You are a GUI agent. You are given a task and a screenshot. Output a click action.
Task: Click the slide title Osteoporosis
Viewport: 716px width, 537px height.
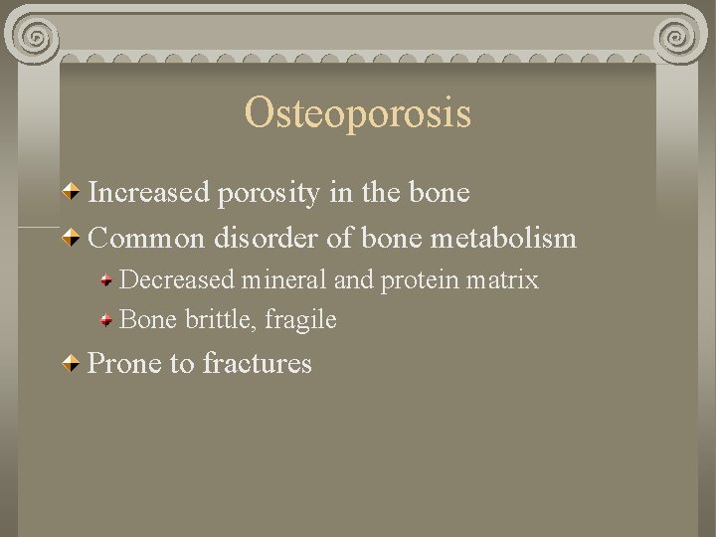pos(357,113)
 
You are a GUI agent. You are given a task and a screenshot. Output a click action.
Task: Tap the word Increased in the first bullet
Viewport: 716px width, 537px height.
pos(150,192)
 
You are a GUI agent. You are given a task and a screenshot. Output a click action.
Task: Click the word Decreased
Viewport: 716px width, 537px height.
pos(175,280)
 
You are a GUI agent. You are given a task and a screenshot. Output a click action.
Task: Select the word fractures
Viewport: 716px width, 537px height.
pos(257,364)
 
